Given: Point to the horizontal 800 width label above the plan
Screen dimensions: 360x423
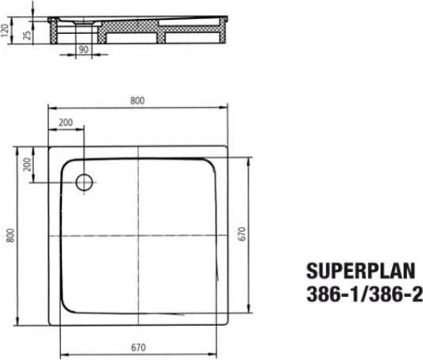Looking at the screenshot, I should pos(139,100).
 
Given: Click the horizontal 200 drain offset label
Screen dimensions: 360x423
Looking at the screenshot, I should pos(66,122).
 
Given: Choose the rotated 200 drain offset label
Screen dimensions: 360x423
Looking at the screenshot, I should pos(28,165).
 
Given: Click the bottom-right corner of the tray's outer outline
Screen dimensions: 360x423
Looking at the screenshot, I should pos(227,324).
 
